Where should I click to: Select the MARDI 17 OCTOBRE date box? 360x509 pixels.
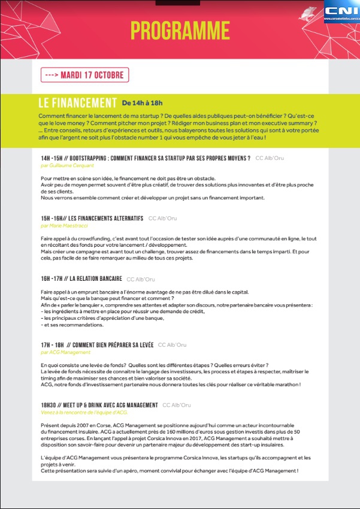click(x=84, y=75)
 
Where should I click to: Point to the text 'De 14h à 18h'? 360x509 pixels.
click(x=142, y=104)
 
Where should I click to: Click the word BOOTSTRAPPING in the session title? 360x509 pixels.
click(x=99, y=158)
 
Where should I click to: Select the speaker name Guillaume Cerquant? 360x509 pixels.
click(x=68, y=165)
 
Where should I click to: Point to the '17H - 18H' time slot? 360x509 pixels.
click(x=54, y=345)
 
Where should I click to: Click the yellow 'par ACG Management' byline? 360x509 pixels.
click(x=65, y=352)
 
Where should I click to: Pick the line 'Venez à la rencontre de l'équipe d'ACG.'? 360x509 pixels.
click(x=84, y=413)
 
